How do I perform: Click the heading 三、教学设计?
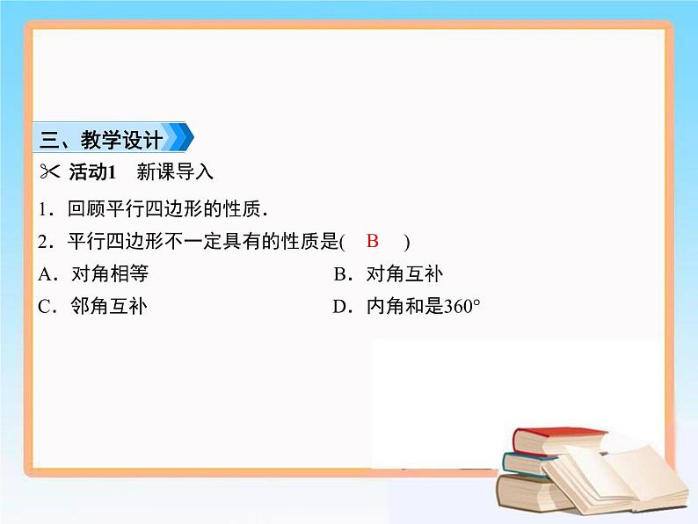click(101, 139)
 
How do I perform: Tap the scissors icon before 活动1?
click(49, 171)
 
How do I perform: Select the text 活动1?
click(92, 171)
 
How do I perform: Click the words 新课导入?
click(181, 171)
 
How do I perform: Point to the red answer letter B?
click(373, 241)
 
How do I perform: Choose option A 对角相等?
click(94, 273)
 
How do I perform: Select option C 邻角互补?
click(94, 307)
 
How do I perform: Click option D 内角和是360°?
click(410, 307)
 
